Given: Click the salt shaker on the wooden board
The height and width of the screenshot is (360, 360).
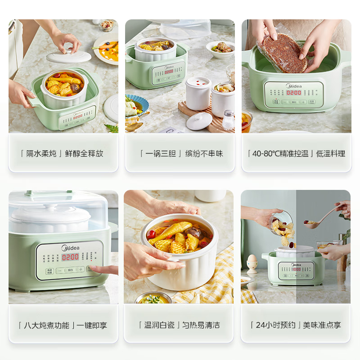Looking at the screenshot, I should [228, 120].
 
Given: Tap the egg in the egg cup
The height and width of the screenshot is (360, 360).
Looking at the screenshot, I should [252, 261].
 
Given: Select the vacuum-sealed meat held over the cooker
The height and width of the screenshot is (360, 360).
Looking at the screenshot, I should [284, 52].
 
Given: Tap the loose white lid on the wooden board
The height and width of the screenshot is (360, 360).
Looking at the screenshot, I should [199, 121].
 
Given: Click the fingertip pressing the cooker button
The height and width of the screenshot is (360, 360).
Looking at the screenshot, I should [92, 269].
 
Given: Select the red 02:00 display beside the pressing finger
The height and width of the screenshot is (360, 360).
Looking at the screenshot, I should [70, 257].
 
